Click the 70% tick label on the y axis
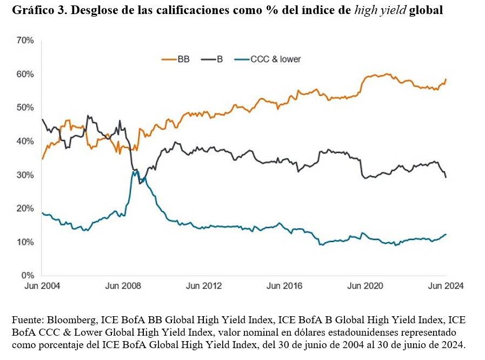click(x=25, y=41)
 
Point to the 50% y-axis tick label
click(x=25, y=108)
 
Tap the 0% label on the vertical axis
click(x=28, y=275)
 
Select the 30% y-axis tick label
click(x=25, y=175)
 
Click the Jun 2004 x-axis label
click(x=43, y=286)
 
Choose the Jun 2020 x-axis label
click(x=365, y=286)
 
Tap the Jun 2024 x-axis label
click(x=446, y=286)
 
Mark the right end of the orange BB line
click(x=446, y=79)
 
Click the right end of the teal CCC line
click(x=446, y=234)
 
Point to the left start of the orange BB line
click(x=42, y=159)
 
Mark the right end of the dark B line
click(x=446, y=177)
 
